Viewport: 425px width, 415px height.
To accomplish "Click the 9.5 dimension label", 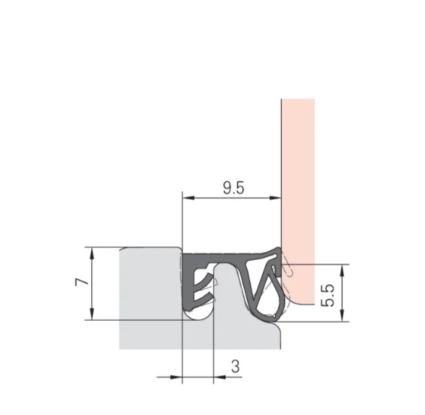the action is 233,188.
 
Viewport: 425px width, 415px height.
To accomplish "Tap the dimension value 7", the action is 82,282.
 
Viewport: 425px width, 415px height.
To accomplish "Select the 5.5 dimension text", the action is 328,295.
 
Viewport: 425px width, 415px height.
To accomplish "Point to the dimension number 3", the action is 235,366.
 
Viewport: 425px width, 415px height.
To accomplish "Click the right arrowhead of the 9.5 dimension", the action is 275,198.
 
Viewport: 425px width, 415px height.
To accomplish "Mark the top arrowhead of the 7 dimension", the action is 93,253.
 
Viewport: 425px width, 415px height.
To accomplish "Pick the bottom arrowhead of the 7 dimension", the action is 93,314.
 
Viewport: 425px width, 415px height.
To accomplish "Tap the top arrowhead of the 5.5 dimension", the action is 342,270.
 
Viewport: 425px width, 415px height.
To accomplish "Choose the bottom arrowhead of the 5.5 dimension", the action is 342,316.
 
